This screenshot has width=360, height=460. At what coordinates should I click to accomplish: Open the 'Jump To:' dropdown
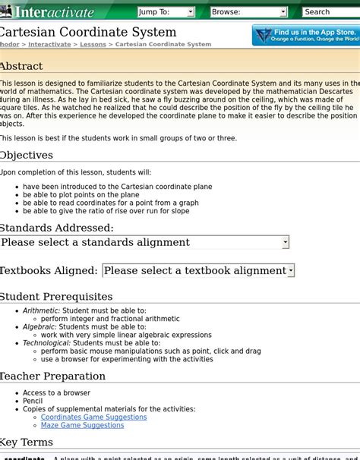(166, 12)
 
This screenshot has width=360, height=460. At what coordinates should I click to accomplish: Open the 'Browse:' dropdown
(248, 12)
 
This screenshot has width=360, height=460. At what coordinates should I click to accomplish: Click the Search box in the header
(330, 12)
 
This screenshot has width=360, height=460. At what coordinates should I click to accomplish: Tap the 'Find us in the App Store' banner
(306, 35)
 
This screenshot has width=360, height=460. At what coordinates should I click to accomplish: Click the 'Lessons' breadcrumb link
(93, 45)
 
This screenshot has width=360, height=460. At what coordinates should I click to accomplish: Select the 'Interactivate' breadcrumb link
(49, 45)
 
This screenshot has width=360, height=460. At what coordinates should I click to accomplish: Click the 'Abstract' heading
(21, 66)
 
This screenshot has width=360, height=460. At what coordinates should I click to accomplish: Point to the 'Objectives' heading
(27, 155)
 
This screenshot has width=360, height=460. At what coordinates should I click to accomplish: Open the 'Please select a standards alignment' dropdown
(144, 242)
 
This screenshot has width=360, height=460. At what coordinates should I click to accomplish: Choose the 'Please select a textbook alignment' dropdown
(197, 270)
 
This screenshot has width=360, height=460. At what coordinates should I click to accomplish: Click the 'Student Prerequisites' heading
(56, 296)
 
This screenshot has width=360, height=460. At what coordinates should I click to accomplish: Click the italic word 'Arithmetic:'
(41, 311)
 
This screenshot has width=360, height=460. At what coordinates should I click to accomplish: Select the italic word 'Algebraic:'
(39, 327)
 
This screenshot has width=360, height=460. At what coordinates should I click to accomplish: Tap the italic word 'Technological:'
(46, 343)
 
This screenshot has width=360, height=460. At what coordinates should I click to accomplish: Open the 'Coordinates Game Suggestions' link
(93, 417)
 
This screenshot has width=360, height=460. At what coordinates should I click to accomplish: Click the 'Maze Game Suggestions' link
(82, 426)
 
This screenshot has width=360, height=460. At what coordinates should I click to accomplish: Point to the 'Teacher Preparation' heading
(53, 376)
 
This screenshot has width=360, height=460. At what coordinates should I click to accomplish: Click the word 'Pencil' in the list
(33, 402)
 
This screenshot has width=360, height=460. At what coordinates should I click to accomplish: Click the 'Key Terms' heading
(27, 442)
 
